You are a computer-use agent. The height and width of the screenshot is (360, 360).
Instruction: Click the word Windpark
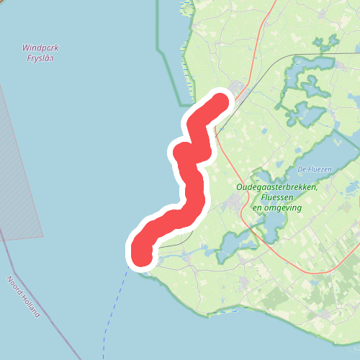tap(40, 48)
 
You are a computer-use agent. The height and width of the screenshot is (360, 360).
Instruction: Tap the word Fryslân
tap(40, 58)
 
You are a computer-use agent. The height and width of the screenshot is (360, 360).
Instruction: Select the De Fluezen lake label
tap(313, 169)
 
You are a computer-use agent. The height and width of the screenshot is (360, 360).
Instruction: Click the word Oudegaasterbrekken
tap(277, 188)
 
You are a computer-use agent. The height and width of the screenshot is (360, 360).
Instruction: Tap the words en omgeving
tap(276, 207)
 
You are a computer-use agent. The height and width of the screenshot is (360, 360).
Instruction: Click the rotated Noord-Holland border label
tap(23, 297)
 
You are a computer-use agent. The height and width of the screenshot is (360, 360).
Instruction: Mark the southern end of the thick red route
tap(141, 256)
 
